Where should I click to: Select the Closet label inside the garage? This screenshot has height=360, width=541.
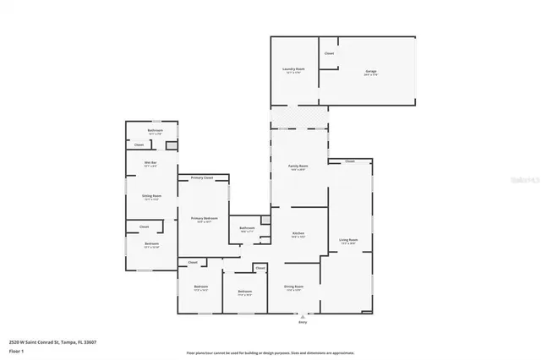point(329,54)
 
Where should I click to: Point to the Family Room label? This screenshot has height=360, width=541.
point(298,166)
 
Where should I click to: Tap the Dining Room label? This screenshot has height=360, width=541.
point(293,286)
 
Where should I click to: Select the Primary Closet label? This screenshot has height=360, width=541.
point(202,178)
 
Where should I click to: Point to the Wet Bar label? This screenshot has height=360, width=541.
point(150,164)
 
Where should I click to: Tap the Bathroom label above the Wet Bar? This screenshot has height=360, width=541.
point(155,131)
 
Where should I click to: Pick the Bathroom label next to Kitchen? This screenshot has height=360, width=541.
point(247,228)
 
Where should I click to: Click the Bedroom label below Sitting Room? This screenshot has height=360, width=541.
point(151,244)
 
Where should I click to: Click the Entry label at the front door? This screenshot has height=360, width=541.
point(303,322)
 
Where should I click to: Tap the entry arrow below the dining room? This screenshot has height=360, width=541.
point(303,314)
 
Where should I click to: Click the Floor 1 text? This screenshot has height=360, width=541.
point(16,350)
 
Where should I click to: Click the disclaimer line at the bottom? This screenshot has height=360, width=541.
point(270,352)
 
